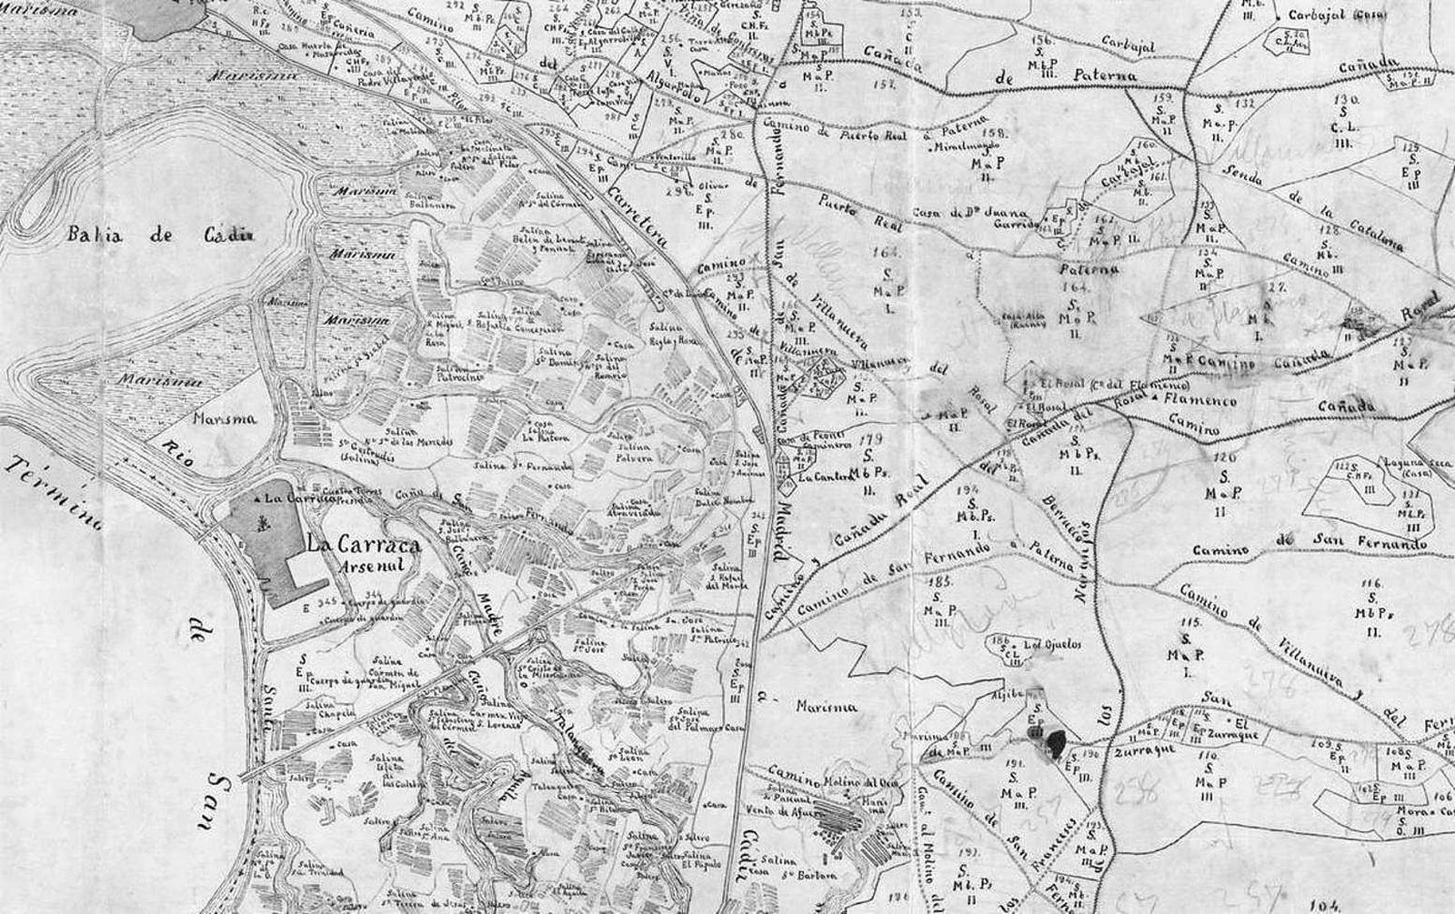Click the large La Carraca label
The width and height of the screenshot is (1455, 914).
[x=363, y=547]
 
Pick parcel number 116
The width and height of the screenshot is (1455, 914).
[x=1371, y=583]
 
